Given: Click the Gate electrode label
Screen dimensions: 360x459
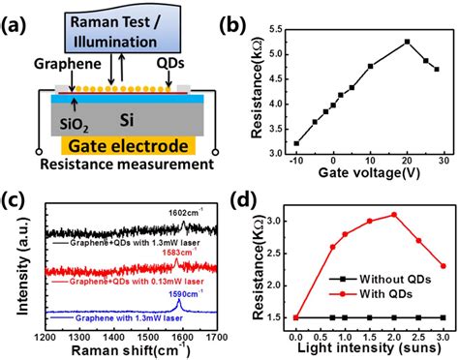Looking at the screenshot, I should coord(125,145).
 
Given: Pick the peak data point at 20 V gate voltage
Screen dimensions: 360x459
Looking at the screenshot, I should coord(407,42).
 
